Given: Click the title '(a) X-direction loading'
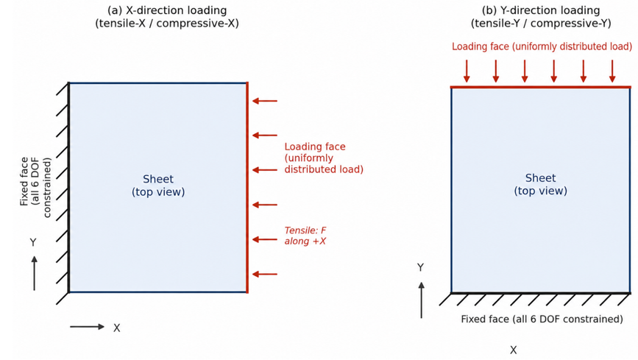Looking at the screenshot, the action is [x=167, y=10].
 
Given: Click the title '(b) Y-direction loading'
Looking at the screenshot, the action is [x=541, y=10].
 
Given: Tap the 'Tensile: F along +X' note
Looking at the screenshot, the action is [x=305, y=236].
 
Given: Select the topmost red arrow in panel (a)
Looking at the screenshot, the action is [x=265, y=101].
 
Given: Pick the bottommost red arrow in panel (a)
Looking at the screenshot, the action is [x=265, y=274].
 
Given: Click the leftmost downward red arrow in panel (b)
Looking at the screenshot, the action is [x=467, y=71].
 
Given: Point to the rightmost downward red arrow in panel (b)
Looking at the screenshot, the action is [x=612, y=71].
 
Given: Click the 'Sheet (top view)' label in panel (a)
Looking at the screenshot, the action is [x=158, y=186].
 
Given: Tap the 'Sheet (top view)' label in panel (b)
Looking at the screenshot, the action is [x=540, y=184].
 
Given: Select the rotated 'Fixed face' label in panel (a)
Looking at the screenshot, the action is [x=36, y=187].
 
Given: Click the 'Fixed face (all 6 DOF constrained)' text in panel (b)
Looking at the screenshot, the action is [x=542, y=319].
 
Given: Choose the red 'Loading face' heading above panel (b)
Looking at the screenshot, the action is [x=542, y=46].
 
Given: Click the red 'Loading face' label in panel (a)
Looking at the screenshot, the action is [x=324, y=158].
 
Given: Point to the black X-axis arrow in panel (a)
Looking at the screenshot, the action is [x=87, y=327].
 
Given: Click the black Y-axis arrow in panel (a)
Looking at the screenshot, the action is [x=34, y=273].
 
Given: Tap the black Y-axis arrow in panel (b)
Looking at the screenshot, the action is [x=422, y=300].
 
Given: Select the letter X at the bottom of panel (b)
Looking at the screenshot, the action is [x=514, y=350].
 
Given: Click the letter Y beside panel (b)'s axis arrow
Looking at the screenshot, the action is [x=420, y=267].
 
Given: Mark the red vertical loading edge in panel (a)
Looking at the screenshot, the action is [x=247, y=187].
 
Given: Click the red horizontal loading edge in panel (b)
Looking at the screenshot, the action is [x=541, y=87].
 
